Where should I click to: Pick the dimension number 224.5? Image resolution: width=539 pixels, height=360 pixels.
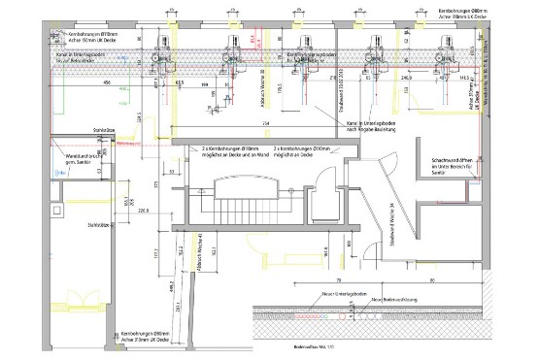tap(141, 120)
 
